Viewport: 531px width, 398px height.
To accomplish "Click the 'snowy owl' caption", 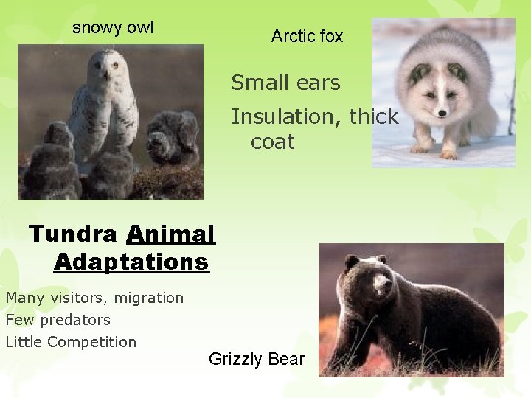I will point(113,28).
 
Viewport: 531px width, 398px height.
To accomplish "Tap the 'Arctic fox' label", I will point(307,36).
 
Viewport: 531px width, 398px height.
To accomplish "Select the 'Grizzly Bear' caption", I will point(256,359).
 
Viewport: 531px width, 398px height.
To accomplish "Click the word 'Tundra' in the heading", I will point(72,234).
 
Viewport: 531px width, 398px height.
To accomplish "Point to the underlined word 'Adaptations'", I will point(131,262).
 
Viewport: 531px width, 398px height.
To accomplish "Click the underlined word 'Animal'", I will point(170,234).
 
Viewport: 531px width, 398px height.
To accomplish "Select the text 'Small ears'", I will point(285,83).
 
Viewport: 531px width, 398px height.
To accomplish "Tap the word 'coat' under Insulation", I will point(272,142).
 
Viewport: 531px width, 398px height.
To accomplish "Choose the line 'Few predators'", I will point(58,320).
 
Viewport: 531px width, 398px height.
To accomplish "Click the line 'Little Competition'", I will point(71,342).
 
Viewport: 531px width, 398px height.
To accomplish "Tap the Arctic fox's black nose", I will point(442,113).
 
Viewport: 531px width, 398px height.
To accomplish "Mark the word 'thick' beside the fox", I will point(373,116).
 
